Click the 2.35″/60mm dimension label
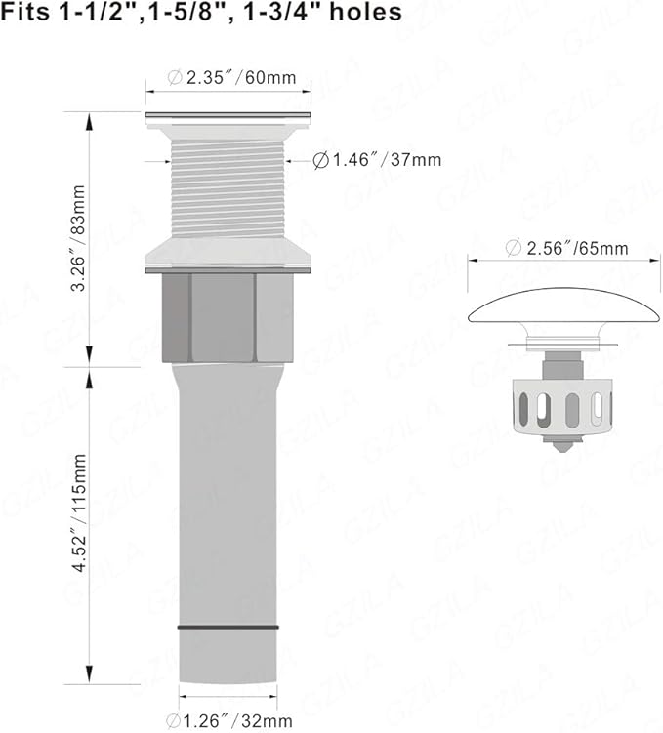pyautogui.click(x=232, y=78)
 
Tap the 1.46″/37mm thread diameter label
pyautogui.click(x=377, y=160)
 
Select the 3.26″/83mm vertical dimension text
pyautogui.click(x=78, y=238)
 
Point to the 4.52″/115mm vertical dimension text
pyautogui.click(x=79, y=512)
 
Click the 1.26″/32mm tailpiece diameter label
pyautogui.click(x=229, y=720)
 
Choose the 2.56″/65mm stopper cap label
pyautogui.click(x=566, y=248)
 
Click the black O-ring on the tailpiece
pyautogui.click(x=228, y=628)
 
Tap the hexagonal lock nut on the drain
pyautogui.click(x=228, y=318)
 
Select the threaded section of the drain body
pyautogui.click(x=228, y=188)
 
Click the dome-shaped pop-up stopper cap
pyautogui.click(x=564, y=307)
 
